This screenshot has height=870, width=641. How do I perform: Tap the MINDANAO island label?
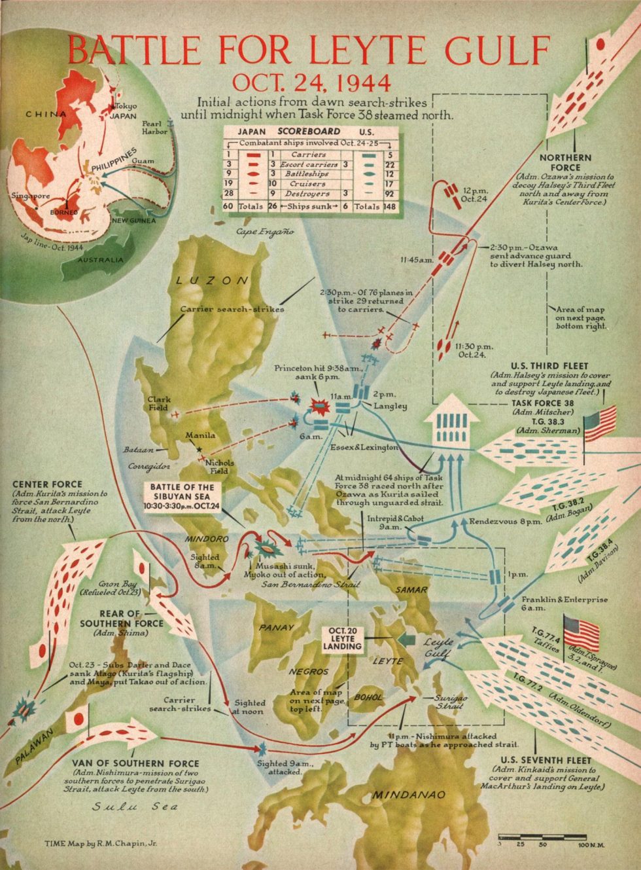coord(409,795)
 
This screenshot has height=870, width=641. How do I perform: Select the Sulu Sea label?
coord(134,807)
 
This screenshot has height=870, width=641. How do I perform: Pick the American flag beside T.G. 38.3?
coord(600,425)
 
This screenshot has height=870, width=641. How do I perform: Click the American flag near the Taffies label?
coord(581,632)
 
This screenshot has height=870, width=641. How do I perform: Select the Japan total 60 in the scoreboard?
coord(228,206)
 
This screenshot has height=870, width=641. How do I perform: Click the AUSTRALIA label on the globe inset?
coord(100,260)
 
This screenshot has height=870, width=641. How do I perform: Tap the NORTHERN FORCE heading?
coord(565,162)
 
